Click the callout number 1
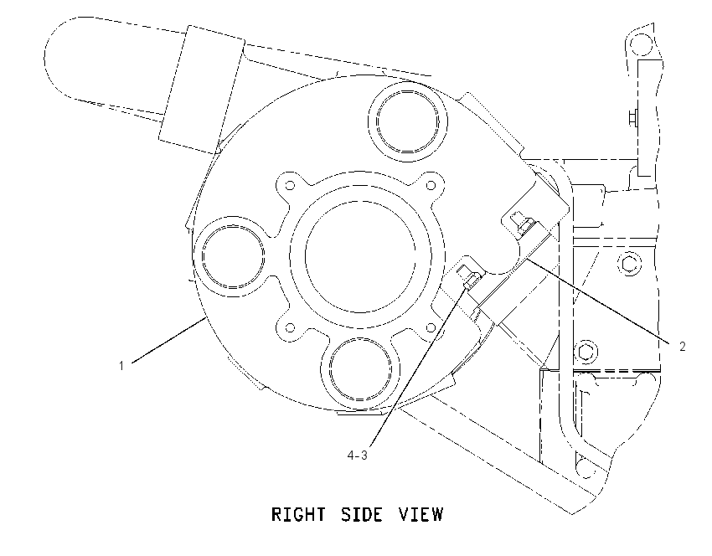point(121,365)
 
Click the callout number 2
point(682,347)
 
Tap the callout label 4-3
point(358,455)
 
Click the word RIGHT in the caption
point(298,514)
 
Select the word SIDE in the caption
point(363,514)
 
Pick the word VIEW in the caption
point(420,514)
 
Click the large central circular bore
point(360,257)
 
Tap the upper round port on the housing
point(407,121)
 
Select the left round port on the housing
point(233,255)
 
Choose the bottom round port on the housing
point(360,369)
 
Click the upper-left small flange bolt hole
point(290,185)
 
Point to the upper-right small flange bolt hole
point(431,185)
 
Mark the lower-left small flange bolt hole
point(290,327)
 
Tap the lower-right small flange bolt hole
point(431,327)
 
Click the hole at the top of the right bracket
point(642,44)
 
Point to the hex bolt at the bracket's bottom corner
point(586,468)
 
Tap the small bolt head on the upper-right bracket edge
point(633,117)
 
